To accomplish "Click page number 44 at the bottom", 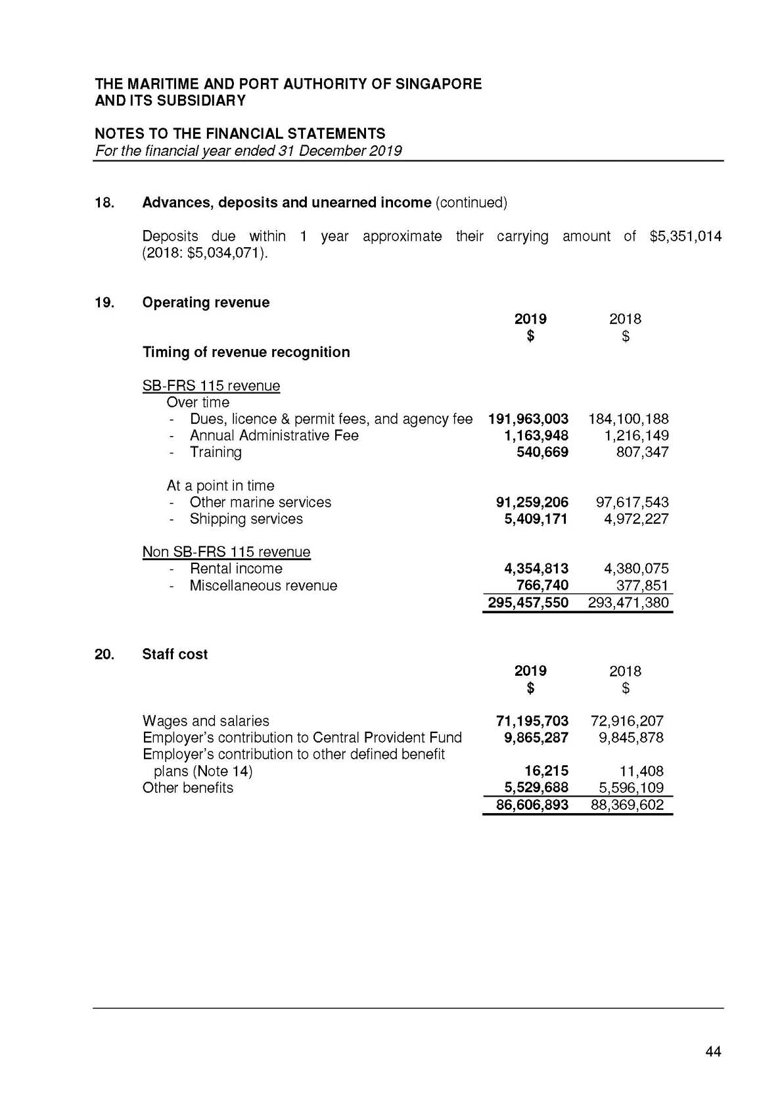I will click(713, 1052).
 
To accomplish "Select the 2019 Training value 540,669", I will click(542, 452).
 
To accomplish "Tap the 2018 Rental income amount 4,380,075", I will click(635, 569).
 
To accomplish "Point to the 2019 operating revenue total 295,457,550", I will click(528, 603).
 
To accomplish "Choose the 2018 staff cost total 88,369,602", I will click(627, 805).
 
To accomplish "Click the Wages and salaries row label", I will click(206, 721).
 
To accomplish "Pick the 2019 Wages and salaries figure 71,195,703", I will click(532, 721).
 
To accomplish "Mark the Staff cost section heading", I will click(175, 654).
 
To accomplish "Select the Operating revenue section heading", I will click(206, 302).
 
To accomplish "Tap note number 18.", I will click(104, 202).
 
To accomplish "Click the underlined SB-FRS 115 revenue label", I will click(211, 386).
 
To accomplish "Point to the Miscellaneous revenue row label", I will click(263, 586).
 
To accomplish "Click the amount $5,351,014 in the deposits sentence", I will click(685, 236).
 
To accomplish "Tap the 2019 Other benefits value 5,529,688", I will click(536, 788).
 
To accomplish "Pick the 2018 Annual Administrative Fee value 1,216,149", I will click(635, 436).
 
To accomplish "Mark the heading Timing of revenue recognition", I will click(246, 352).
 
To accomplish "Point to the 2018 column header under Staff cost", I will click(625, 671).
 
